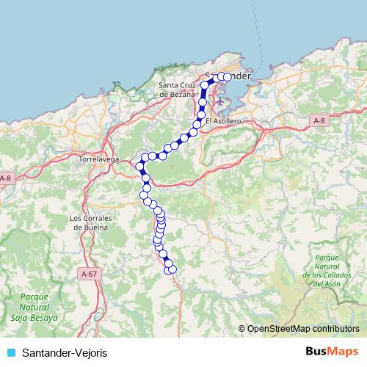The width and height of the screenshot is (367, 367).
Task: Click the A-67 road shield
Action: tap(88, 273)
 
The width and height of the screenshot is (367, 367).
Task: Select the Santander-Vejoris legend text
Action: tap(65, 353)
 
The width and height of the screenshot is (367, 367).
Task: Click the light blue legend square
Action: tap(11, 353)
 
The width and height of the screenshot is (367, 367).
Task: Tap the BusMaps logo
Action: tap(332, 352)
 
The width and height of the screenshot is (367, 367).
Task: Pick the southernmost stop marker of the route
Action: tap(172, 270)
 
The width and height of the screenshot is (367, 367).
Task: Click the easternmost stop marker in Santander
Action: tap(228, 76)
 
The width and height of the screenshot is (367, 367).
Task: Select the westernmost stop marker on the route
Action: tap(139, 166)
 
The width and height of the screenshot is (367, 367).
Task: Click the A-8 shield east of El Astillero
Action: tap(318, 120)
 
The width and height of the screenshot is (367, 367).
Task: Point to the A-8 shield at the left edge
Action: tap(6, 178)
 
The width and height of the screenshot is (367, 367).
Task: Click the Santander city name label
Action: tap(229, 76)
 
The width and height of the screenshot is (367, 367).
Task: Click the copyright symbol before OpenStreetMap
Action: tap(242, 329)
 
